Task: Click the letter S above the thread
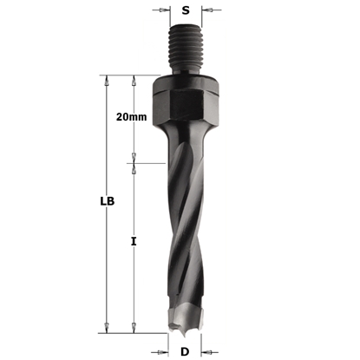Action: tap(185, 11)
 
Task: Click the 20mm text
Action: tap(131, 116)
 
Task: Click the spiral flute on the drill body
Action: tap(185, 226)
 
